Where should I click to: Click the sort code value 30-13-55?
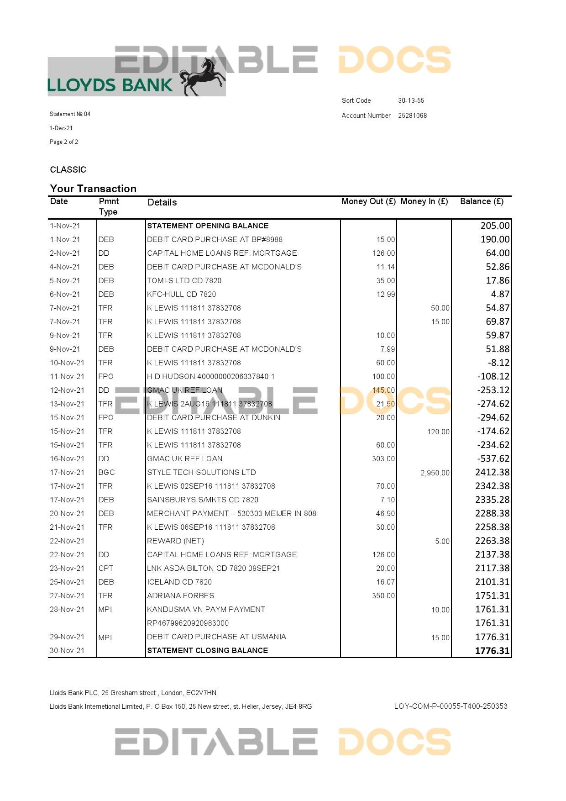tap(411, 100)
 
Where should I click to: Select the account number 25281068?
tap(412, 116)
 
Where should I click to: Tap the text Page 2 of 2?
tap(64, 142)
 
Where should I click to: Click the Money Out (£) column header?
tap(368, 201)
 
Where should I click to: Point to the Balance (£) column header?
tap(482, 201)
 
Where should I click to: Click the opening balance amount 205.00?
tap(495, 226)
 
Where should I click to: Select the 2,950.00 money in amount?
tap(435, 473)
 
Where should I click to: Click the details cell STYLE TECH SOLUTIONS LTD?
tap(201, 472)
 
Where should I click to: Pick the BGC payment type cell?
tap(106, 472)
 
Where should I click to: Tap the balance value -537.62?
tap(493, 458)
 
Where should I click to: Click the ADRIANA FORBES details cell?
tap(180, 595)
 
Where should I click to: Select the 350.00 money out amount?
tap(383, 595)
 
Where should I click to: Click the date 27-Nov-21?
tap(67, 595)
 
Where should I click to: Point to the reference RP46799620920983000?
tap(188, 623)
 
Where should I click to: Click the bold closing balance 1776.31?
tap(492, 651)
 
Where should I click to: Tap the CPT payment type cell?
tap(106, 568)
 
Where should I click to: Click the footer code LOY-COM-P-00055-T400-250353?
tap(451, 706)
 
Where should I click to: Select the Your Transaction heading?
tap(93, 189)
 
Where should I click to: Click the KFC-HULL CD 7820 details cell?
tap(181, 294)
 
